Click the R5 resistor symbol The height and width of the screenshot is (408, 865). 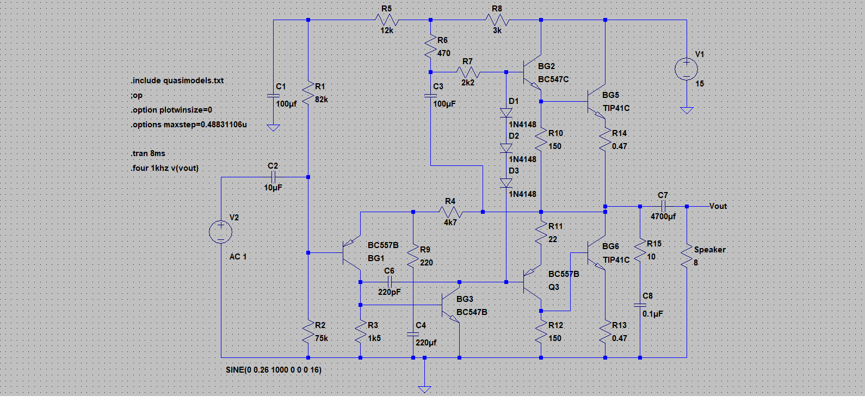(387, 20)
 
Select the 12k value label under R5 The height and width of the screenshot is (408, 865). (387, 30)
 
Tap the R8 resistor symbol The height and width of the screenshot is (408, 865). (497, 20)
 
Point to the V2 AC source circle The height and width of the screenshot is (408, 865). (220, 232)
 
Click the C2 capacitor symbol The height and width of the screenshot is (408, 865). (274, 177)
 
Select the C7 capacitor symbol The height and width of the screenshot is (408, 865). (663, 207)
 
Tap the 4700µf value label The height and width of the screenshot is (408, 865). (663, 217)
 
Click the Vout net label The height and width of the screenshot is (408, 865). (718, 206)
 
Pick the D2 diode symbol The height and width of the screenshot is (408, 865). (506, 148)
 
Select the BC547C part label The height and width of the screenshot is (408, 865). (553, 79)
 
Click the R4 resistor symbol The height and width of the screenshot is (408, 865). (450, 212)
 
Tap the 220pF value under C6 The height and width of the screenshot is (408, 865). (390, 292)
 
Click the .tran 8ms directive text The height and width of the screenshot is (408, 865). (148, 153)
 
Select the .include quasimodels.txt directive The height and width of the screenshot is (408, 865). (177, 81)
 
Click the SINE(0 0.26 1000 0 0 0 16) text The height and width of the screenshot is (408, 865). (274, 370)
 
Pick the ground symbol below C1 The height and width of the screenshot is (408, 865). (274, 128)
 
